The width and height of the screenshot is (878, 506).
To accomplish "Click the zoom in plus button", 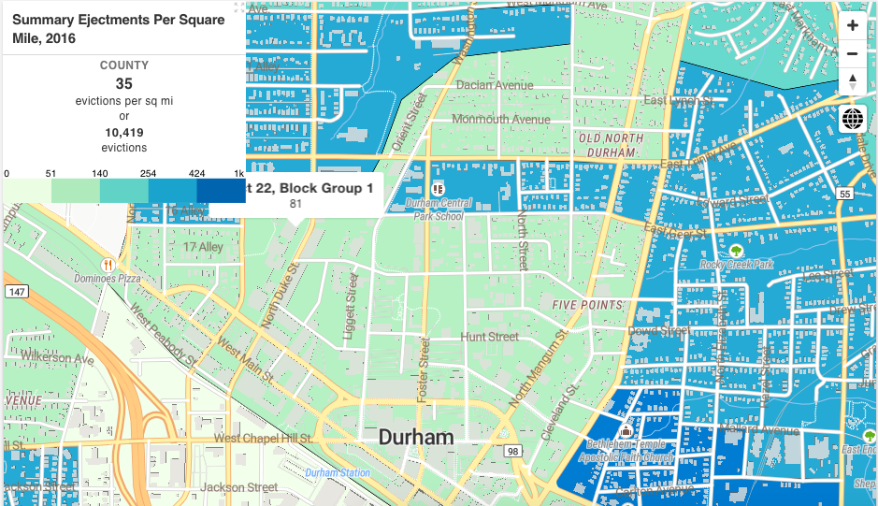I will tap(852, 26).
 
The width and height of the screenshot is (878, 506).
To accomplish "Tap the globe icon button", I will tap(852, 119).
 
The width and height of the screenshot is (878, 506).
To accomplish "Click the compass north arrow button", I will tap(852, 81).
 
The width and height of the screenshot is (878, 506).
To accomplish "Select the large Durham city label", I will tap(416, 438).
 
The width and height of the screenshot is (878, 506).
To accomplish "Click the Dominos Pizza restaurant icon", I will tap(108, 265).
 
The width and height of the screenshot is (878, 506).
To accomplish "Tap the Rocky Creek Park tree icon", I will tap(736, 250).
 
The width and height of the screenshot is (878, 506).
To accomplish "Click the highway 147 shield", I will tap(15, 292).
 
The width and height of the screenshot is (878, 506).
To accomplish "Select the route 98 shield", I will tap(512, 452).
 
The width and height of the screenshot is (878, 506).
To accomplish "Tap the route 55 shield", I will tap(844, 194).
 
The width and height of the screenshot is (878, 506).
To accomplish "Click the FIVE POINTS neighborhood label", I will tap(587, 305).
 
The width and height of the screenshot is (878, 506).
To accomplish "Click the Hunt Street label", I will tap(489, 337).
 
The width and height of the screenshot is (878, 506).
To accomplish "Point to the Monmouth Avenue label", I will tap(501, 119).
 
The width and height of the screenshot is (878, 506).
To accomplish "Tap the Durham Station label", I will tap(338, 473).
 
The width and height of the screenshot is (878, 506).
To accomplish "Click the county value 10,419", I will tap(124, 132).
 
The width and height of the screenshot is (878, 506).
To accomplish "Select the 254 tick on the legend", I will tap(148, 174).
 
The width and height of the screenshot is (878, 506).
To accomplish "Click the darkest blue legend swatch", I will tap(221, 190).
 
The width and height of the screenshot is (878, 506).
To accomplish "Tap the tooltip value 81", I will tap(295, 204).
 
